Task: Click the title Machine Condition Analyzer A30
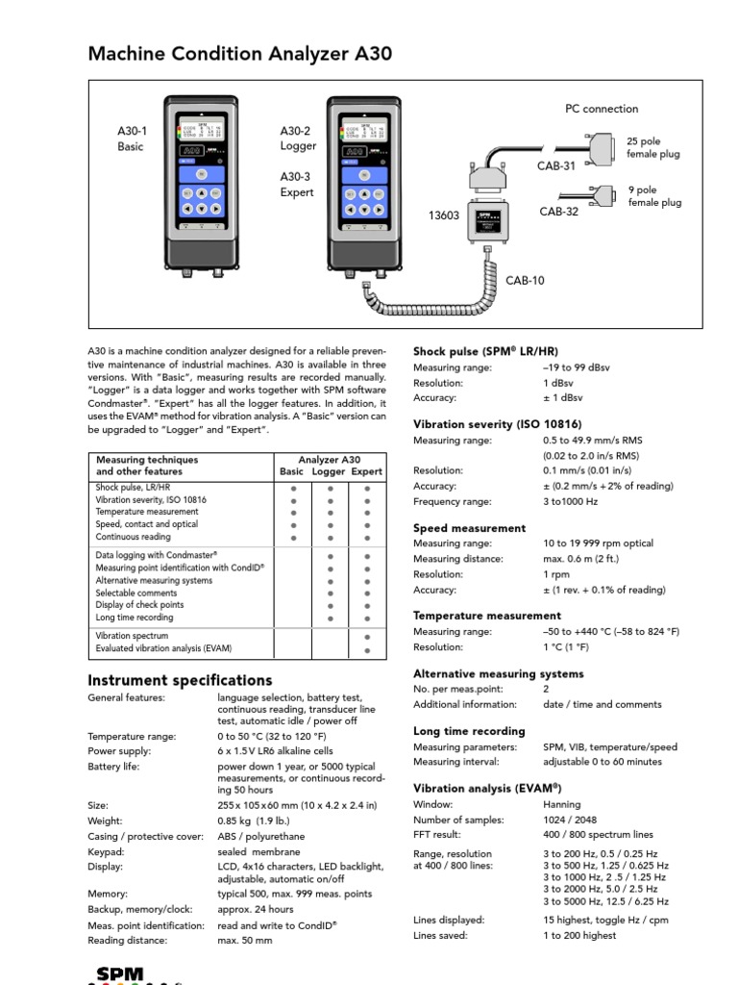(239, 54)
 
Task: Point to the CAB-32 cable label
(558, 212)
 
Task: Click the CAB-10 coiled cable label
(525, 281)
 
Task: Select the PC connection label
(601, 109)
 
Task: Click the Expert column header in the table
(366, 472)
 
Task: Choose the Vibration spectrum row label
(132, 636)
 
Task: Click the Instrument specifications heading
(180, 680)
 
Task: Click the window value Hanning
(562, 804)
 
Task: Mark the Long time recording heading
(469, 731)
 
